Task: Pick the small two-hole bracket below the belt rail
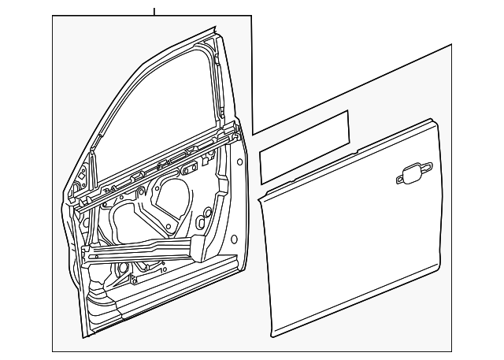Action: (x=190, y=168)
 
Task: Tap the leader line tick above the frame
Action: (x=154, y=11)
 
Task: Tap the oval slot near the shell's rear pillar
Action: (x=206, y=213)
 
